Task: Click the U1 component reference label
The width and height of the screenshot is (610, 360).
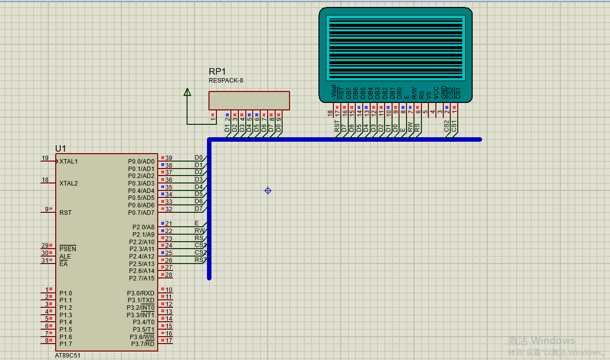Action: [x=61, y=149]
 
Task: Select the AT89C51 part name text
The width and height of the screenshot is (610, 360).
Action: [x=68, y=356]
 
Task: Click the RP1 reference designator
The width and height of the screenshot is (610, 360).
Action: [x=217, y=72]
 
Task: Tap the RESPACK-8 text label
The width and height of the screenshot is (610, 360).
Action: [x=226, y=81]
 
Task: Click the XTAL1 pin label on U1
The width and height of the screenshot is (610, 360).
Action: [x=68, y=162]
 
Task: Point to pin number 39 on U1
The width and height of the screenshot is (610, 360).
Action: [x=169, y=158]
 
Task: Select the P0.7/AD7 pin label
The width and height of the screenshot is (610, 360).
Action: [x=141, y=212]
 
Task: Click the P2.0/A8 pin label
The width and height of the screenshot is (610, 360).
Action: [x=143, y=227]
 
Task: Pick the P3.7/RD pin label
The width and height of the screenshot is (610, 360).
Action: [x=143, y=344]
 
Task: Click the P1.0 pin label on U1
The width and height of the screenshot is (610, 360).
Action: [x=66, y=293]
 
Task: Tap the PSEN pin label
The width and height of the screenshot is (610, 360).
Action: [x=68, y=249]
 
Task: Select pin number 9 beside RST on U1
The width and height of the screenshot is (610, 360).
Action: [x=47, y=209]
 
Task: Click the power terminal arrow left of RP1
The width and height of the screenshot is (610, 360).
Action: [x=187, y=92]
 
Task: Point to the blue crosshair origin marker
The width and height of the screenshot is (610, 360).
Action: [x=268, y=190]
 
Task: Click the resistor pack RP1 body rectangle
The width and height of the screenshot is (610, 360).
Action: [x=249, y=100]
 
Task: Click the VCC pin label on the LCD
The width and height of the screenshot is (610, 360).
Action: [x=436, y=92]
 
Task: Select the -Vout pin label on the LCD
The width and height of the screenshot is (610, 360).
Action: [x=333, y=92]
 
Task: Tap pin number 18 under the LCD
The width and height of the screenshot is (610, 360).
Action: [x=330, y=113]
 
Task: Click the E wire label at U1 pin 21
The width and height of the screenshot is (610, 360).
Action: [x=197, y=223]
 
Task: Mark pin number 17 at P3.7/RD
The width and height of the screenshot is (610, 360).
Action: [x=169, y=340]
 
